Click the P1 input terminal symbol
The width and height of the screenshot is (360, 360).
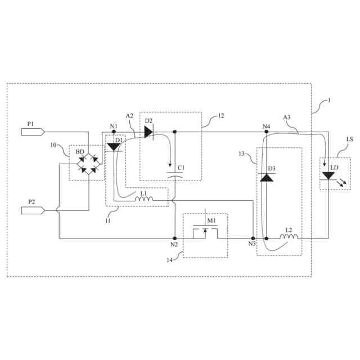33,132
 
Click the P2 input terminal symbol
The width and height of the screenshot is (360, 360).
33,210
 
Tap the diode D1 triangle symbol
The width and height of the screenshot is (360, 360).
115,147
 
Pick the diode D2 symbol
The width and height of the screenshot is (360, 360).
148,132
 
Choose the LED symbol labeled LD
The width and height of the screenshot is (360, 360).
328,176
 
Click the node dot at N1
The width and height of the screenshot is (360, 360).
114,132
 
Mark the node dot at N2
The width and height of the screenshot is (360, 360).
174,238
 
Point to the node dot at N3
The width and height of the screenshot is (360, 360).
253,238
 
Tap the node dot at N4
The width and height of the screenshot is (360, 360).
267,132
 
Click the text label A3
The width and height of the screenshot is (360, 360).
286,117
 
